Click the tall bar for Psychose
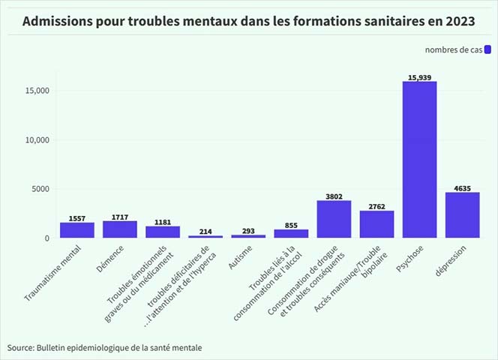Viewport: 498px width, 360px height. tap(419, 159)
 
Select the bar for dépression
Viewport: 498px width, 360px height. tap(462, 215)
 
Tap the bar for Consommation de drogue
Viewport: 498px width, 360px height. tap(334, 219)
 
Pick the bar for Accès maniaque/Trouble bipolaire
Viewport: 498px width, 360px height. tap(376, 224)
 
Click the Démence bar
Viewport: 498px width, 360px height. tap(120, 229)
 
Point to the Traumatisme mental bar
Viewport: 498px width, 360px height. tap(77, 230)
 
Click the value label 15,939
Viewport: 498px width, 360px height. tap(419, 77)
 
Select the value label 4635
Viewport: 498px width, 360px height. tap(462, 188)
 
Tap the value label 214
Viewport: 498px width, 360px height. tap(205, 232)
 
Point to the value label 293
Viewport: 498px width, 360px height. tap(248, 231)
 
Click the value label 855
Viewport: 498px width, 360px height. tap(291, 225)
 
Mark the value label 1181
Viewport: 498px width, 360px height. tap(163, 222)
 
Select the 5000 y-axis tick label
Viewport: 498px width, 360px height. tap(39, 189)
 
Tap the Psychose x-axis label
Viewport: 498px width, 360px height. tap(409, 262)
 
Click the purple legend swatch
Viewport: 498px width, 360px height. tap(487, 49)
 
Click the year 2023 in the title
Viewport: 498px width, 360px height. tap(460, 20)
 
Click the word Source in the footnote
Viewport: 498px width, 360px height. tap(20, 348)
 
